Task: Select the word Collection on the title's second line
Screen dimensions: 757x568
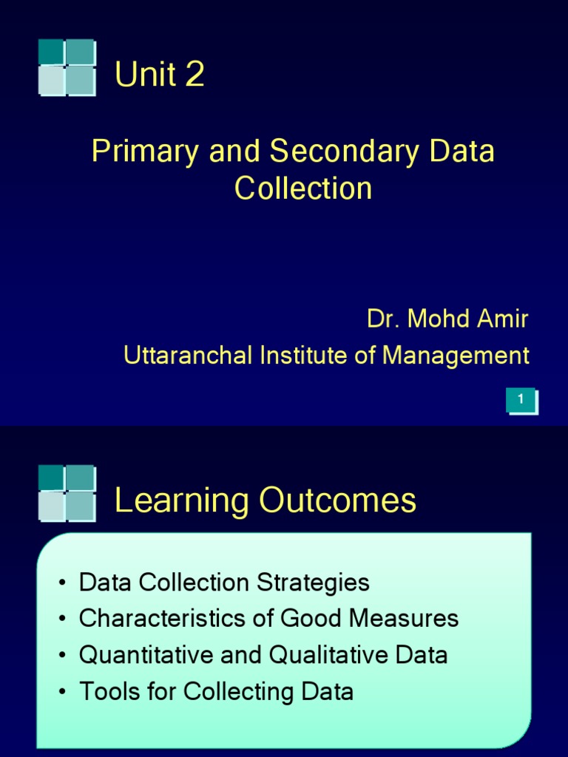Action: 303,189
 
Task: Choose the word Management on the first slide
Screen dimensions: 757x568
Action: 456,356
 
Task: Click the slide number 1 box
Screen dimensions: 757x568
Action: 521,400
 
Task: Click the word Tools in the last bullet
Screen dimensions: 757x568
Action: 102,692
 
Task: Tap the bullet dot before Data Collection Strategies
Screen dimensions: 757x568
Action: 64,583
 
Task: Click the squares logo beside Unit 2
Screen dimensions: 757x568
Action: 67,67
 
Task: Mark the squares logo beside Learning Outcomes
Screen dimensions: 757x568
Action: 67,493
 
